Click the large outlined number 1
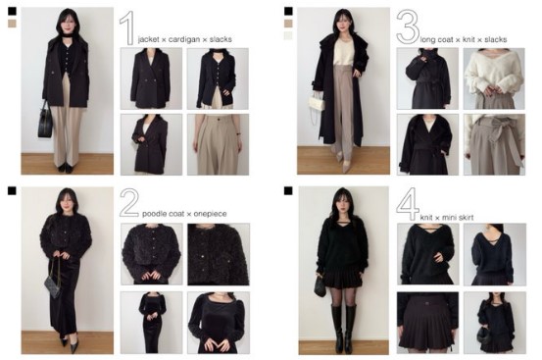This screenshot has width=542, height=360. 128,27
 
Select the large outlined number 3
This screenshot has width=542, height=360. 408,26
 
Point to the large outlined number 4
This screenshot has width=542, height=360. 408,204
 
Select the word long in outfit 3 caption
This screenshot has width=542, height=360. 427,40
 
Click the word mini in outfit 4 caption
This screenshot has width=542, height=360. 446,218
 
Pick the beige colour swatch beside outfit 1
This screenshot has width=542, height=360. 12,24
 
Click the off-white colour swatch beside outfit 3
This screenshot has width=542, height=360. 288,35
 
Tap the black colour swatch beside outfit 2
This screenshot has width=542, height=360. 12,190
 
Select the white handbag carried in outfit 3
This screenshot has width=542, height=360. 317,102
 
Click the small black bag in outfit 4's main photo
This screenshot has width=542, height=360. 320,286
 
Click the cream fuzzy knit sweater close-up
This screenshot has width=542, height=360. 494,78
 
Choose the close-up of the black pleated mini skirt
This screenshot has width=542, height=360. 427,323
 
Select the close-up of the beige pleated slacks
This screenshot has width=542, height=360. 218,144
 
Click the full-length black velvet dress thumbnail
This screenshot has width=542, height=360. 151,323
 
